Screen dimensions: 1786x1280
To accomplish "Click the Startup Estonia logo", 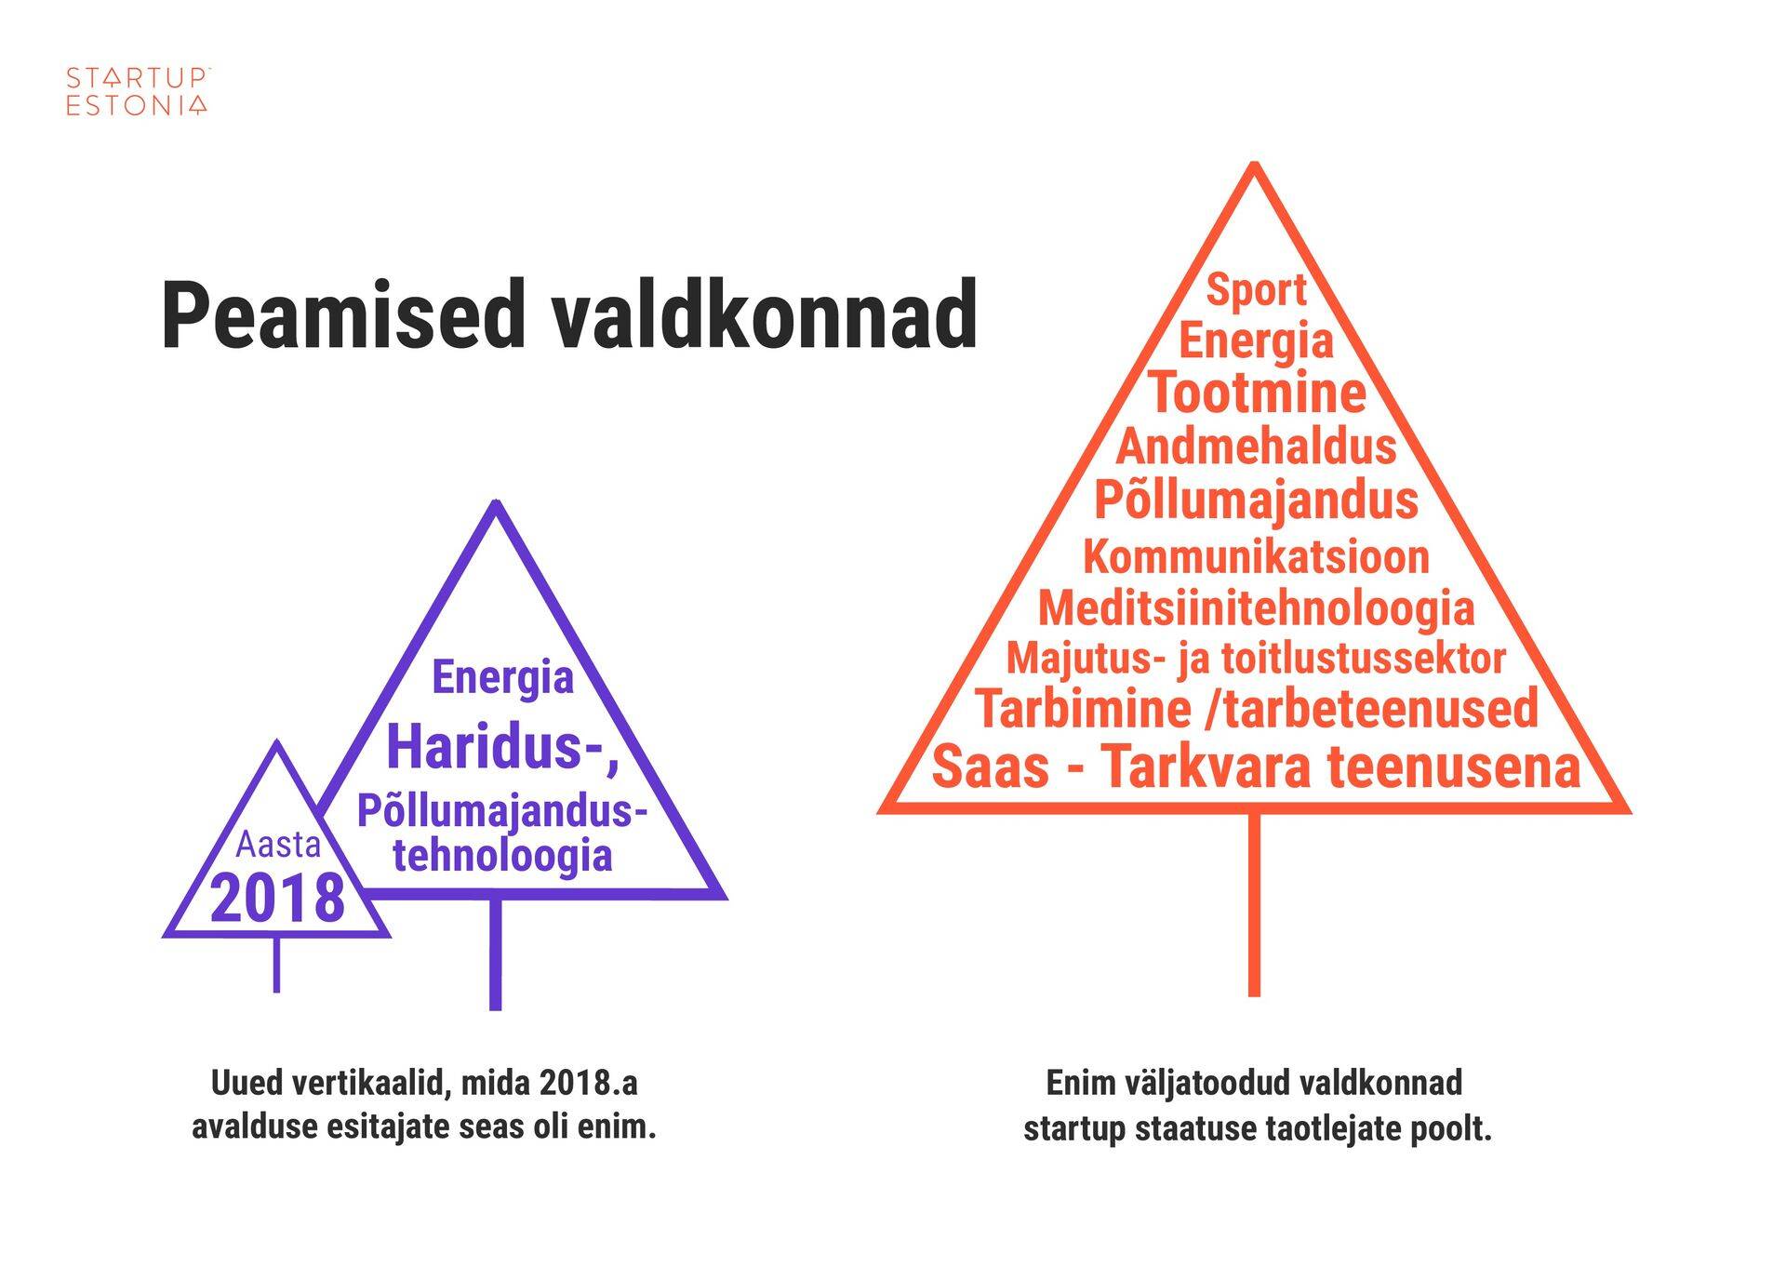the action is tap(138, 91).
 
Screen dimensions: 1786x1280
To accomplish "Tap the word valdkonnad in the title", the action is tap(764, 315).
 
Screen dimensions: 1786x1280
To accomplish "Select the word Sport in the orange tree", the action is tap(1256, 290).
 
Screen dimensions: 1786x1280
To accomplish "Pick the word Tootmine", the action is tap(1257, 393).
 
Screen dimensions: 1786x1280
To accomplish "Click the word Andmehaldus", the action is tap(1256, 447).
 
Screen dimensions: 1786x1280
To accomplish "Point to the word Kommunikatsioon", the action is tap(1256, 557).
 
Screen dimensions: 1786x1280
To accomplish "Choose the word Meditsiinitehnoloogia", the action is tap(1256, 608).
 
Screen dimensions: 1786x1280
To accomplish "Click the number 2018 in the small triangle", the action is tap(277, 898).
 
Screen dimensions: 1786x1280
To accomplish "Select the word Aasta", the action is tap(278, 845).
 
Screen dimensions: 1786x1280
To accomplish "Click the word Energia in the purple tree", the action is tap(502, 677).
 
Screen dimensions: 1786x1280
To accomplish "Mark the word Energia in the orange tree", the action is tap(1256, 340).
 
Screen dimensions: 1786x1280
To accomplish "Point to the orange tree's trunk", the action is tap(1254, 904).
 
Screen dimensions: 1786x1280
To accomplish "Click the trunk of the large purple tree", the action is tap(495, 953).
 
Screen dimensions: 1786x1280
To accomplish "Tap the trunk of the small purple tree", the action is tap(276, 964).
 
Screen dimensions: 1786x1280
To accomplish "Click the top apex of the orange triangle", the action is tap(1254, 164).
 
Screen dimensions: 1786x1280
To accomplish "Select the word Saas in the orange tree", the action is tap(990, 767).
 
